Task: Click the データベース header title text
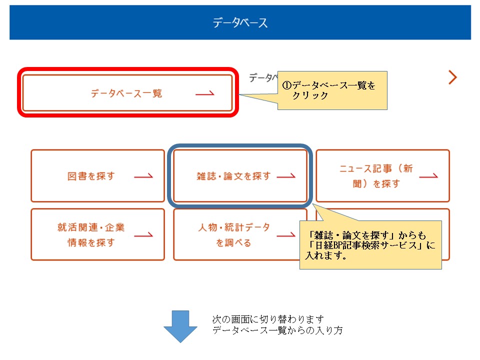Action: (240, 22)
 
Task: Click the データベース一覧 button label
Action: (126, 93)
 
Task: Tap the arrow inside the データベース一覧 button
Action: (205, 93)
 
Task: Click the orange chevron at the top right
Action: (452, 77)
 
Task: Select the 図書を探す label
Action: (91, 176)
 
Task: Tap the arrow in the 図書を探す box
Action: (143, 175)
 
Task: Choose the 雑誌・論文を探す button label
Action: (233, 176)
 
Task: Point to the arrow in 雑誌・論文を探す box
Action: (286, 175)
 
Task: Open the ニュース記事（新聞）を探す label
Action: (376, 176)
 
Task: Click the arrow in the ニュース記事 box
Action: (428, 175)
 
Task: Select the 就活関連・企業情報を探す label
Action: (91, 235)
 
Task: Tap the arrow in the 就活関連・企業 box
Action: (143, 235)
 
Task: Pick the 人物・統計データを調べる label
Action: (233, 235)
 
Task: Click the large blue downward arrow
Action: (180, 326)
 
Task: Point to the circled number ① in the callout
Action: (286, 85)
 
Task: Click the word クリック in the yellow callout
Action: (310, 95)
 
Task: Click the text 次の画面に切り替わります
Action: (268, 319)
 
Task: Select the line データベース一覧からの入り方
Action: (277, 330)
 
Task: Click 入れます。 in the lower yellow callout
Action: (325, 255)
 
